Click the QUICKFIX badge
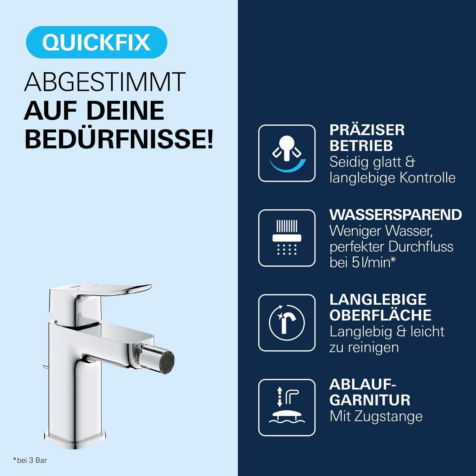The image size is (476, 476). (x=96, y=42)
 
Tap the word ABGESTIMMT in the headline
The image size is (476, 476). (x=105, y=82)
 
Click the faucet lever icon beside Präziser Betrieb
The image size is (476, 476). (x=287, y=153)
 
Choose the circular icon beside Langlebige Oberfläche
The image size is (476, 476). (x=287, y=323)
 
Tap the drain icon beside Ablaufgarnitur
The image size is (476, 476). (x=287, y=407)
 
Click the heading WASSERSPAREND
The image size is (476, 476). (x=395, y=215)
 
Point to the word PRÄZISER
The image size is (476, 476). (x=367, y=130)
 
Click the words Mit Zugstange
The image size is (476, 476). (x=376, y=416)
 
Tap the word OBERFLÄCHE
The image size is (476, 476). (x=380, y=315)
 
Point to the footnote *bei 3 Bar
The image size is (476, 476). (x=30, y=460)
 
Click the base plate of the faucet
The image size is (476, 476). (x=74, y=439)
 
